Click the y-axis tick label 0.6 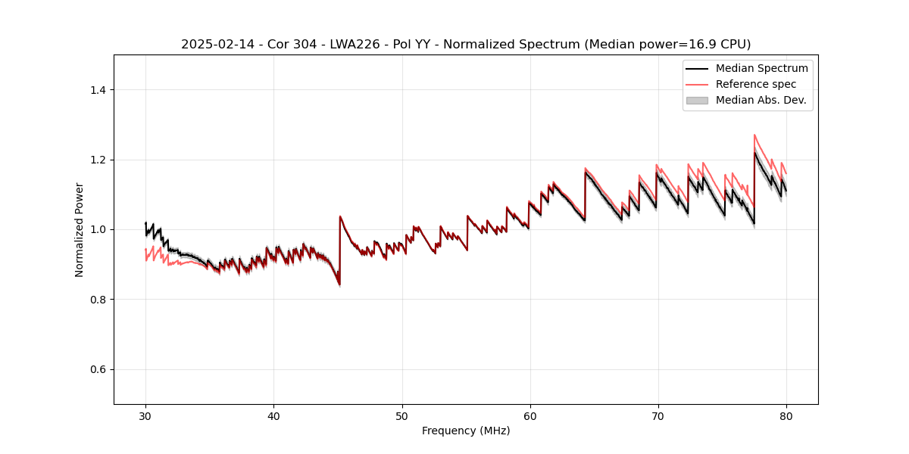[x=98, y=369]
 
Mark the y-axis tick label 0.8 [x=98, y=300]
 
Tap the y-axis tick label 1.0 [x=98, y=229]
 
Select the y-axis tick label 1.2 [x=98, y=160]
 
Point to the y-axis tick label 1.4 [x=98, y=90]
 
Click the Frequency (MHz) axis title [x=466, y=431]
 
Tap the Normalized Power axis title [x=80, y=229]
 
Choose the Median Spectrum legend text [x=761, y=68]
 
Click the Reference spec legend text [x=755, y=84]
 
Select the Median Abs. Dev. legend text [x=761, y=100]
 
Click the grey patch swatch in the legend [x=697, y=100]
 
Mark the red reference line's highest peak [x=754, y=135]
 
